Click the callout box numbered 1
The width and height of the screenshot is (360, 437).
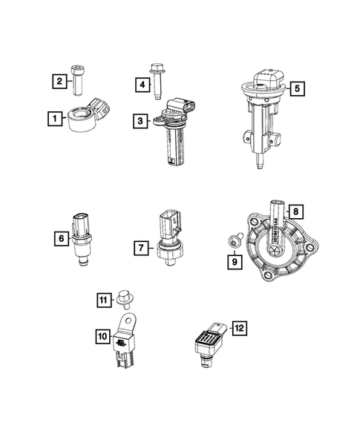54,118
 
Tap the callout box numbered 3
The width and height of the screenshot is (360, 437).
139,119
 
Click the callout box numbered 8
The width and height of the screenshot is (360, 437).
295,212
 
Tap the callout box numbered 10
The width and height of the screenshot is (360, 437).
102,336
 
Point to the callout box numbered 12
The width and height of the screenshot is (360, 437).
238,327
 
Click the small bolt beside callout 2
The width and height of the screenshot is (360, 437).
79,80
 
